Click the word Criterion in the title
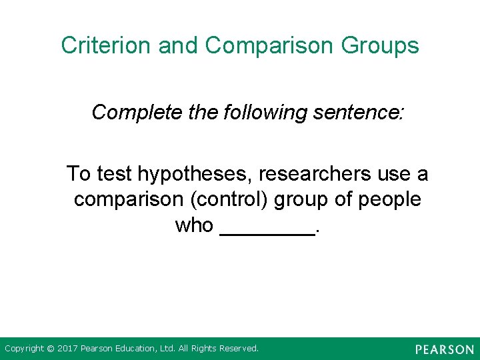[x=105, y=45]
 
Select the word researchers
[x=315, y=174]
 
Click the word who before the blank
[x=194, y=225]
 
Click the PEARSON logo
[x=443, y=349]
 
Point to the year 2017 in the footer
[x=68, y=349]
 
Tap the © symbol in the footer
[x=51, y=349]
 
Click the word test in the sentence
[x=114, y=174]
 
